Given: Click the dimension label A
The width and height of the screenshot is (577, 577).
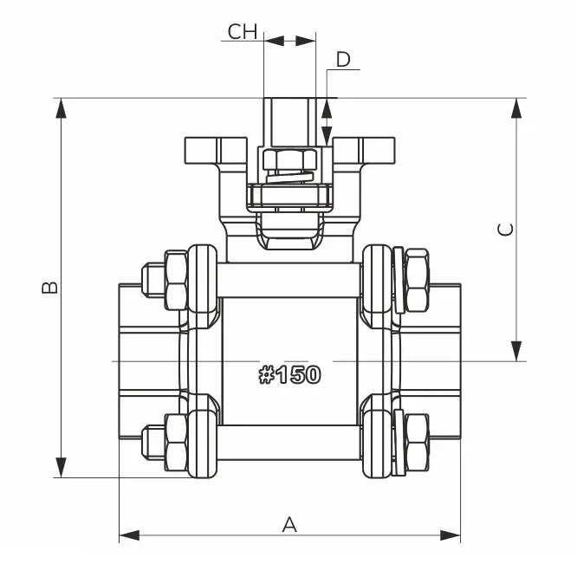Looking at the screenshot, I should tap(289, 523).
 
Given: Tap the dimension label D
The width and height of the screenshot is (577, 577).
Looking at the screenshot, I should tap(343, 60).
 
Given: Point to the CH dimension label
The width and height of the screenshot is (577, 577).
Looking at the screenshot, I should tap(243, 32).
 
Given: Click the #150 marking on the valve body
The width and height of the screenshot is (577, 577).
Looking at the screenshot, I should tap(289, 375).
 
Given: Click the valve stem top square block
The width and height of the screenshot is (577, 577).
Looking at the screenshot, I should tap(289, 122).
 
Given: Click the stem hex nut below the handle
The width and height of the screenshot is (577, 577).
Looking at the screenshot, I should tap(289, 160).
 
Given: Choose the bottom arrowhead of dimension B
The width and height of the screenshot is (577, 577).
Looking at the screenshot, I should tap(62, 468).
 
